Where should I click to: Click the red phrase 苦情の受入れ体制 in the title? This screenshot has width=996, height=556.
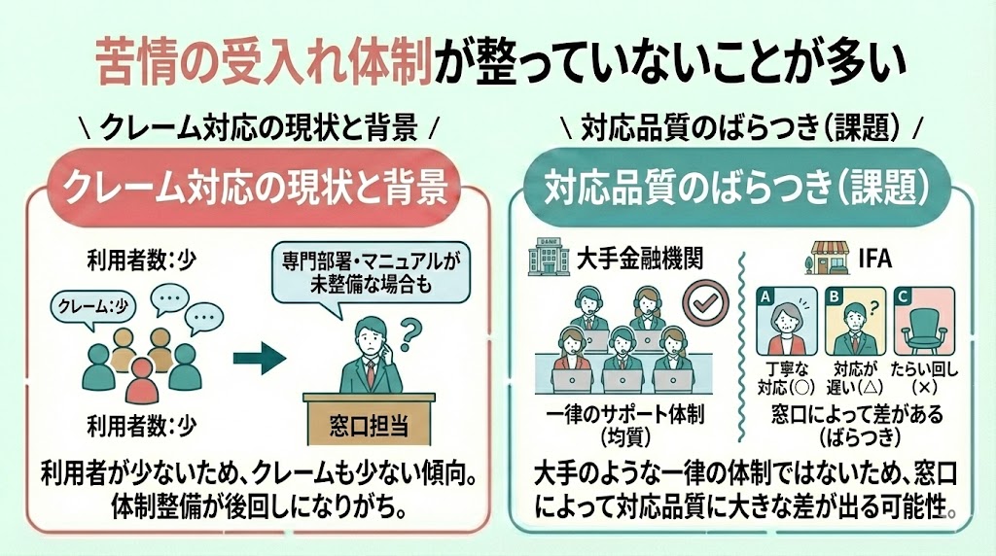[264, 61]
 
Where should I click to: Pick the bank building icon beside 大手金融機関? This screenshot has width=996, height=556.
[538, 257]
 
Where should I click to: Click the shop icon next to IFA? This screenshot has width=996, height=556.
[827, 260]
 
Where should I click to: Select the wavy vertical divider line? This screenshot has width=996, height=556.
[743, 330]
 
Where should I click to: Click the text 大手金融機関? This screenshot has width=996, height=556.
[612, 258]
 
